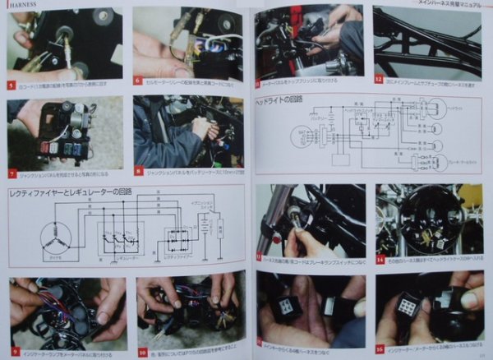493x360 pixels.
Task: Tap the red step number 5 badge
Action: coord(11,84)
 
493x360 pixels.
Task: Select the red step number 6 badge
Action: coord(137,83)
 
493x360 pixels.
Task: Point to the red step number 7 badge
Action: coord(12,173)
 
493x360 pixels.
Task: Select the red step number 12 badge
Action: coord(379,81)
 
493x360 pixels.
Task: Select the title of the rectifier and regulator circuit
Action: coord(70,193)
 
